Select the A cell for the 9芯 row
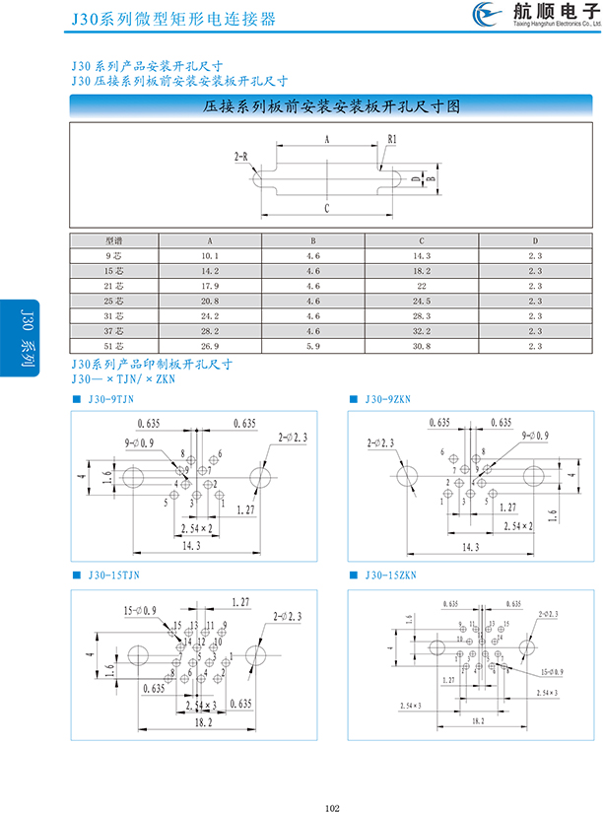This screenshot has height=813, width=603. click(x=209, y=255)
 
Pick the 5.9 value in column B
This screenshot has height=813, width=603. click(x=314, y=346)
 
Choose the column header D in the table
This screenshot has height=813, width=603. click(x=536, y=240)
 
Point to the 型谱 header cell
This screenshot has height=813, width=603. click(x=114, y=240)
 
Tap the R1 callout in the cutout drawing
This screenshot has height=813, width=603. click(x=391, y=140)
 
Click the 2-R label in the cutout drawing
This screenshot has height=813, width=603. click(x=241, y=157)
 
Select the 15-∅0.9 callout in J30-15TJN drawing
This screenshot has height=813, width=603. click(x=142, y=612)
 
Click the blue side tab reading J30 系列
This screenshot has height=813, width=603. click(x=25, y=334)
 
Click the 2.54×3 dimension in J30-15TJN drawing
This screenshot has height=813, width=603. click(x=194, y=705)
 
